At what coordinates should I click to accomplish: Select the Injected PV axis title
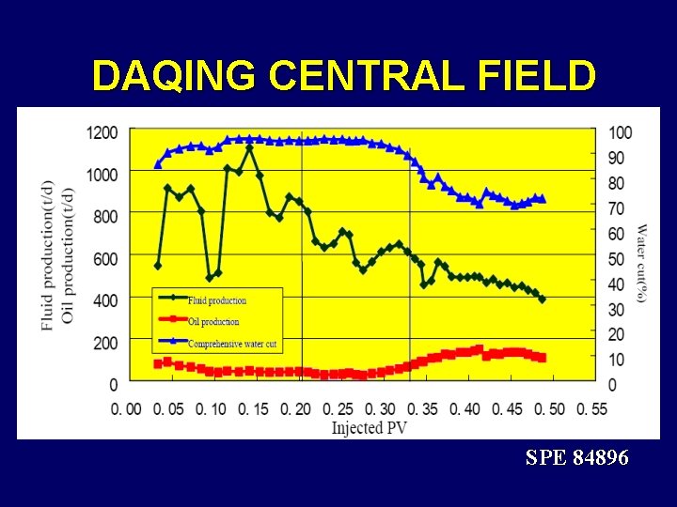(x=370, y=427)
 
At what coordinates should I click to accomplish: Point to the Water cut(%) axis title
(x=641, y=263)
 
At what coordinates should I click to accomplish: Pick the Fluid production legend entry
(x=216, y=300)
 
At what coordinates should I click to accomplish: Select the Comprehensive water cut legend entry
(x=231, y=345)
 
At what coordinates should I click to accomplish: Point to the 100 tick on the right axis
(x=621, y=132)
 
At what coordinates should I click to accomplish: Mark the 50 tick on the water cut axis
(x=618, y=258)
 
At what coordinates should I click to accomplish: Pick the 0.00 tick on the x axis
(x=126, y=408)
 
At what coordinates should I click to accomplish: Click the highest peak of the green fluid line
(x=249, y=147)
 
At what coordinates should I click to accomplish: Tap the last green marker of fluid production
(x=543, y=300)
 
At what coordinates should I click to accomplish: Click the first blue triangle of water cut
(x=158, y=164)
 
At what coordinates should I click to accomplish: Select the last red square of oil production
(x=542, y=358)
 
